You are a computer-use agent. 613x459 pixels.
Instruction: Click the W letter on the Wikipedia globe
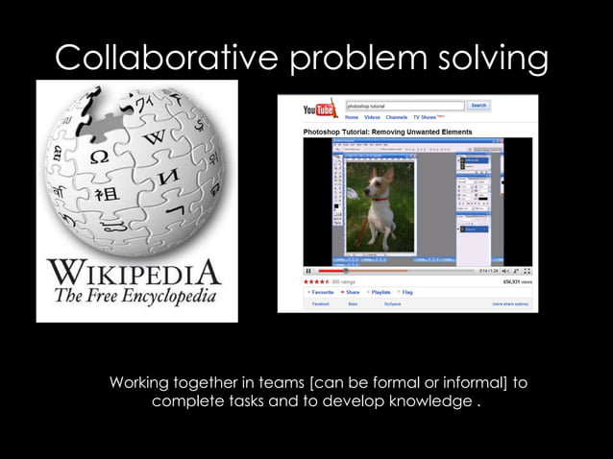154,138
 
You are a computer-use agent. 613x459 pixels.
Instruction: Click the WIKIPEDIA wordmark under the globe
135,272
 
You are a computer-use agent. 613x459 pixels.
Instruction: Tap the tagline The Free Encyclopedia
135,295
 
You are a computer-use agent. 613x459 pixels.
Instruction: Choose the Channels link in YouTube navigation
397,117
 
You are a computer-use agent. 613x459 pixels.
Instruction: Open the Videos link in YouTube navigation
372,117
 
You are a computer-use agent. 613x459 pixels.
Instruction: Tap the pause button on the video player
308,271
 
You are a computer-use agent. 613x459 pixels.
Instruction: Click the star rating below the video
316,282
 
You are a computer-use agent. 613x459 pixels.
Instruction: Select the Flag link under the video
406,292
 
